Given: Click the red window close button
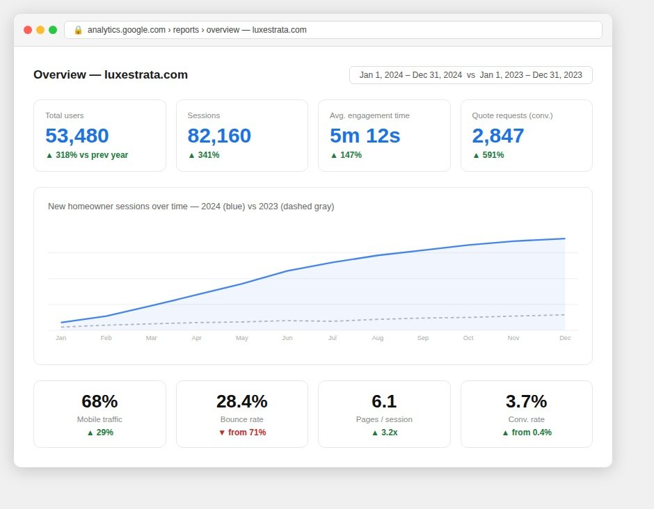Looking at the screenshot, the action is pyautogui.click(x=28, y=30).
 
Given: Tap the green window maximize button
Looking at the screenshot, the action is pyautogui.click(x=53, y=30).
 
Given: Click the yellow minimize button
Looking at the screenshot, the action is pyautogui.click(x=40, y=30).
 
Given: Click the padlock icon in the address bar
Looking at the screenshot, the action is pyautogui.click(x=78, y=30).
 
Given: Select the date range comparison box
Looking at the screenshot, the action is pyautogui.click(x=471, y=75).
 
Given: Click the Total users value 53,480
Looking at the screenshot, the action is pyautogui.click(x=77, y=136).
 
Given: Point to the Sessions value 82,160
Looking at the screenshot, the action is pyautogui.click(x=219, y=136).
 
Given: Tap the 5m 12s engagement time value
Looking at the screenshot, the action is pyautogui.click(x=365, y=136).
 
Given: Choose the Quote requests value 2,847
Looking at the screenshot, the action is pyautogui.click(x=498, y=136).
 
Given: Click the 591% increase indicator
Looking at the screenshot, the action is pyautogui.click(x=488, y=155).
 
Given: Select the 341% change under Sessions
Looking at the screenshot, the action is pyautogui.click(x=204, y=155).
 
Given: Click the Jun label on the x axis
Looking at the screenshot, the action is pyautogui.click(x=287, y=338).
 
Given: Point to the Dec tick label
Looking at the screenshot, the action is pyautogui.click(x=565, y=338).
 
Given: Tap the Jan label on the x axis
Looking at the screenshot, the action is pyautogui.click(x=61, y=338).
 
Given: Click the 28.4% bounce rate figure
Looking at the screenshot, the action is pyautogui.click(x=242, y=401).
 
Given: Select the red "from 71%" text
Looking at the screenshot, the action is pyautogui.click(x=247, y=433).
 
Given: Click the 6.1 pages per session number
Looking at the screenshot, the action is pyautogui.click(x=384, y=401).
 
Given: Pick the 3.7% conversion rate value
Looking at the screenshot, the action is pyautogui.click(x=527, y=401).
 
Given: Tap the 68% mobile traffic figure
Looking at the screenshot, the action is pyautogui.click(x=99, y=401).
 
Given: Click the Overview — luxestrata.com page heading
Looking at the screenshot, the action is pyautogui.click(x=111, y=74).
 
